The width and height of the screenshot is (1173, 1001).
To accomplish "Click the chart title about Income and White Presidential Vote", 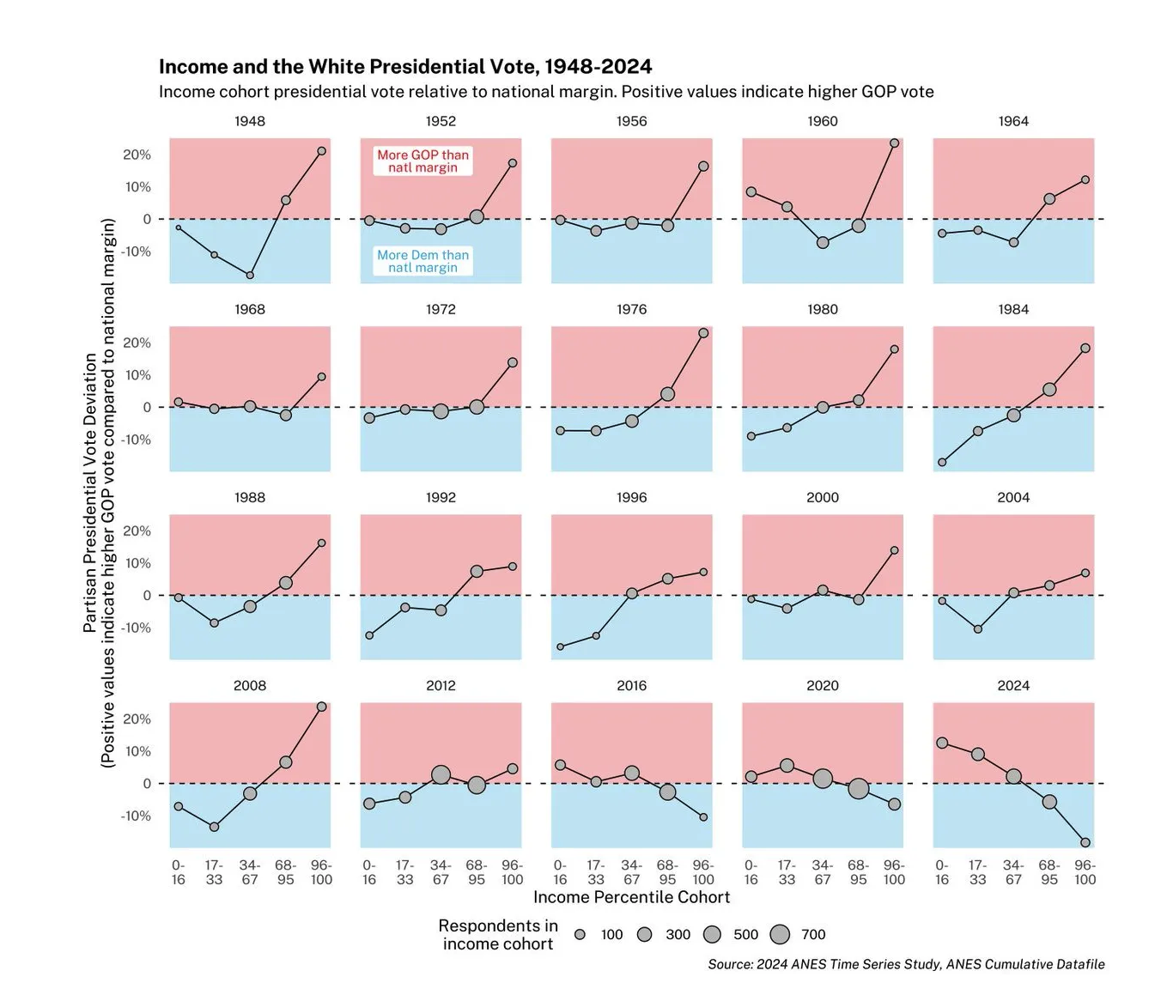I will pos(405,67).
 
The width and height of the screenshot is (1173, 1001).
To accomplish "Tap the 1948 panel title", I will pos(250,121).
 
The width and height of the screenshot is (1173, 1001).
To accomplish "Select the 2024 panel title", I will pos(1013,685).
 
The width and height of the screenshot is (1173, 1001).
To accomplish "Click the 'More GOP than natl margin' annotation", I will pos(422,161).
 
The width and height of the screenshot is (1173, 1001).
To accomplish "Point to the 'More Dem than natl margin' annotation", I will pos(422,261).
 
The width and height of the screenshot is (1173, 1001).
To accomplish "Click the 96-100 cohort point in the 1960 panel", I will pos(894,143).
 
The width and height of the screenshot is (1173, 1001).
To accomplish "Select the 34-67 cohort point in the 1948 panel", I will pos(250,275).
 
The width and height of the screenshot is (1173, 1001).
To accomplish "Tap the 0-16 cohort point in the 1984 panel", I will pos(942,462).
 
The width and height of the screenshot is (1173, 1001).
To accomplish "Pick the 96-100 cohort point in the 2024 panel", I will pos(1085,842).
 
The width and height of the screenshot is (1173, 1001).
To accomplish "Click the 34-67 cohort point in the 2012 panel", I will pos(441,775).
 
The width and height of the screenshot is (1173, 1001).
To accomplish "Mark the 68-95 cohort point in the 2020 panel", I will pos(859,788).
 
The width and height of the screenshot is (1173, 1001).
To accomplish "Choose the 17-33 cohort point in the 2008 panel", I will pos(214,827).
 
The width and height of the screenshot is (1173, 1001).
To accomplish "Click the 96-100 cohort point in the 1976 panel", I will pos(703,333).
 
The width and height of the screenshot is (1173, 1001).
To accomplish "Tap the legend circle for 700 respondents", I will pos(780,934).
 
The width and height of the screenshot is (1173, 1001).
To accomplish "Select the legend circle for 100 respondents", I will pos(580,934).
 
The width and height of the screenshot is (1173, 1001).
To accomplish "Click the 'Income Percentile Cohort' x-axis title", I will pos(631,897).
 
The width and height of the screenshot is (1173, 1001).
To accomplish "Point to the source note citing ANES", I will pos(906,964).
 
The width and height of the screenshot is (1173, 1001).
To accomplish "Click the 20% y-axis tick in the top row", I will pos(137,155).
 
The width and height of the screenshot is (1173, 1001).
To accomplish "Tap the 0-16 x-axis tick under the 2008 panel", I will pos(178,872).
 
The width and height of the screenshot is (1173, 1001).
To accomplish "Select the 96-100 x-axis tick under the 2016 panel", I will pos(703,872).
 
